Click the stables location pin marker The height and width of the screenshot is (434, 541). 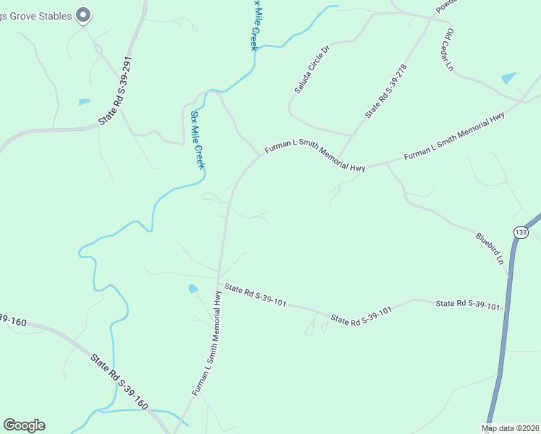coord(83,14)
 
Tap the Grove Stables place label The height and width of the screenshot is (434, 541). coord(36,15)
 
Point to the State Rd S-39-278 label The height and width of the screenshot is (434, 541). coord(386,90)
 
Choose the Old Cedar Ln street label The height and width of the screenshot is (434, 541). coord(449,50)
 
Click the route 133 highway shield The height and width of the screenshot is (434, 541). coord(520,231)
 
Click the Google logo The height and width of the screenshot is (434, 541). coord(24,425)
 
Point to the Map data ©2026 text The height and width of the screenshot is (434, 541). coord(510,428)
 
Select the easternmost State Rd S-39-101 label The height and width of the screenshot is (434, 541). coord(467,305)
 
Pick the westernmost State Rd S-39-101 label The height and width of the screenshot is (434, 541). coord(255,295)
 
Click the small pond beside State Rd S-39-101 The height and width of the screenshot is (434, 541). coord(193,289)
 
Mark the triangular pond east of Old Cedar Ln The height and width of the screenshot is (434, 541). coord(509,77)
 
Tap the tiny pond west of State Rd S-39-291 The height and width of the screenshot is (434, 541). coord(84,102)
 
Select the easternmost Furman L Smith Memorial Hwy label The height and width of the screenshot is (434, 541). coord(453,137)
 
